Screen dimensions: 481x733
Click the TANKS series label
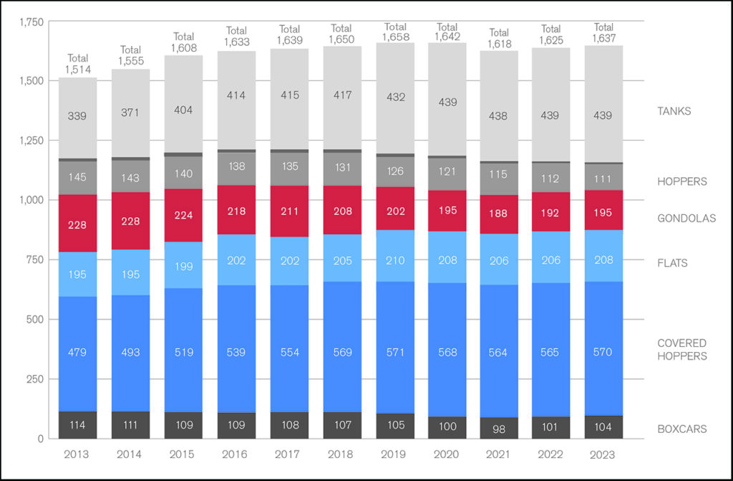click(674, 111)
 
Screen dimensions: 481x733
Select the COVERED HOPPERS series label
click(682, 350)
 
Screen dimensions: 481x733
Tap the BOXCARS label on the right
click(682, 429)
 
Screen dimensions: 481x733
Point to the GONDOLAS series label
click(686, 219)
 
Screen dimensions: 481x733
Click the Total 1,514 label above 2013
click(77, 64)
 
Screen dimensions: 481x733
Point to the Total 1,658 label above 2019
click(394, 31)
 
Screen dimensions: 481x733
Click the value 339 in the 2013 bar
click(77, 116)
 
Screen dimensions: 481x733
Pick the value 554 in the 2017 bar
click(288, 353)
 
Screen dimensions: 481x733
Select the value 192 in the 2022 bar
click(551, 212)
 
